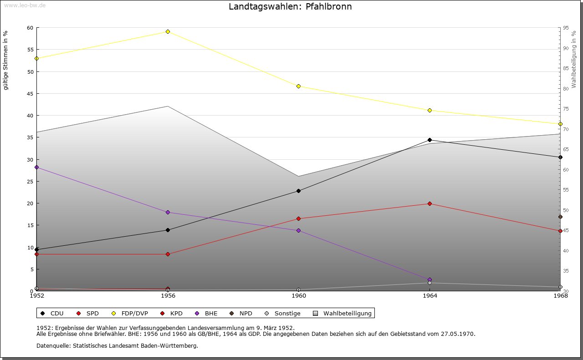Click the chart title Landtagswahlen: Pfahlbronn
click(290, 7)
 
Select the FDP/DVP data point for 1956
click(168, 31)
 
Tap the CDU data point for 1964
click(430, 140)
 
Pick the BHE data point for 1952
click(36, 167)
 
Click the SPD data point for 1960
click(298, 218)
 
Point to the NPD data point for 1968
click(560, 217)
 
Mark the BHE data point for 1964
click(430, 279)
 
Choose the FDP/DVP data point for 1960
click(298, 86)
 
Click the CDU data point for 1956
click(168, 230)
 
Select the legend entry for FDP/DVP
click(130, 313)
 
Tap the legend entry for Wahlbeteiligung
click(347, 313)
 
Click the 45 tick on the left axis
click(30, 94)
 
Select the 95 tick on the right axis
click(565, 28)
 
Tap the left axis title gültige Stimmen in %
click(6, 60)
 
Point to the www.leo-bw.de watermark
click(24, 5)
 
